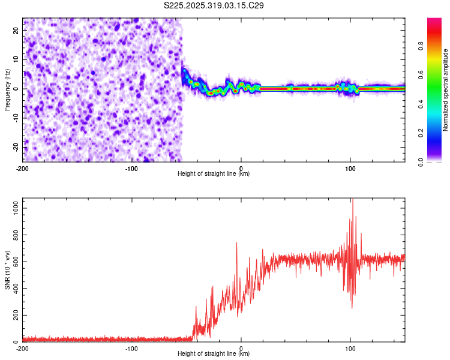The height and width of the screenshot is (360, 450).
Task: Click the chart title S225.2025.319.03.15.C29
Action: tap(214, 5)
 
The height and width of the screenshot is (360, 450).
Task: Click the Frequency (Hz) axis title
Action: tap(7, 90)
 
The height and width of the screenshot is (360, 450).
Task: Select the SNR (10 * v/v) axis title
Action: tap(7, 270)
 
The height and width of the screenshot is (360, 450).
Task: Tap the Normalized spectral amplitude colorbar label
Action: tap(445, 90)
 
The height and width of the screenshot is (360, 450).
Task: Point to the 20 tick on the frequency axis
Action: tap(16, 30)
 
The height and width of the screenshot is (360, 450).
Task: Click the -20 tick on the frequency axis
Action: tap(15, 147)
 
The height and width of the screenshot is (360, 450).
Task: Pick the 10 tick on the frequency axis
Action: tap(16, 59)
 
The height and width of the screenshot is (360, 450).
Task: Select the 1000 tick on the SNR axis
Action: tap(13, 207)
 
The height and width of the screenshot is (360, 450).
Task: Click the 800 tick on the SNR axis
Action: tap(14, 234)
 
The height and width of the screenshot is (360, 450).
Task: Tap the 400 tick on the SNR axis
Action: tap(14, 288)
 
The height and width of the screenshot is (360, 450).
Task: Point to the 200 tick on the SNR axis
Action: tap(14, 315)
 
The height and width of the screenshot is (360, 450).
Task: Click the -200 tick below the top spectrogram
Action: tap(23, 167)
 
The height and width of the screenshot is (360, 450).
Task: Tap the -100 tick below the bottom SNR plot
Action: tap(132, 348)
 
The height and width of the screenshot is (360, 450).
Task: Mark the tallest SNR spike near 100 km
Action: tap(353, 200)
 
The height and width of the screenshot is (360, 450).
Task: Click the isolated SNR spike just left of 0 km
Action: tap(236, 243)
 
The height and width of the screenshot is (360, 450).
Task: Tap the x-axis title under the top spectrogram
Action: tap(214, 173)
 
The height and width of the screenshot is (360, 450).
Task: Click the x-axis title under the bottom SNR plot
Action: tap(214, 354)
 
